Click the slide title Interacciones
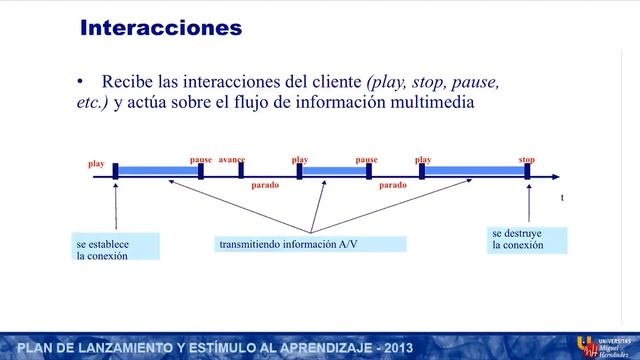[161, 28]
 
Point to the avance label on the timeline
[231, 160]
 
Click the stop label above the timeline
[527, 160]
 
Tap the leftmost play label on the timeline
[96, 163]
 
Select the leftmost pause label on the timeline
[201, 160]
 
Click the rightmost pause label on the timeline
[366, 160]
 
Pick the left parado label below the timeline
[265, 186]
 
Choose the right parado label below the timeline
[393, 186]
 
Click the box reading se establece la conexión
[116, 248]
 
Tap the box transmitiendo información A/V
[311, 244]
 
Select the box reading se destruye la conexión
[528, 239]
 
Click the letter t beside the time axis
[562, 198]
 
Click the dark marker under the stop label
[528, 172]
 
